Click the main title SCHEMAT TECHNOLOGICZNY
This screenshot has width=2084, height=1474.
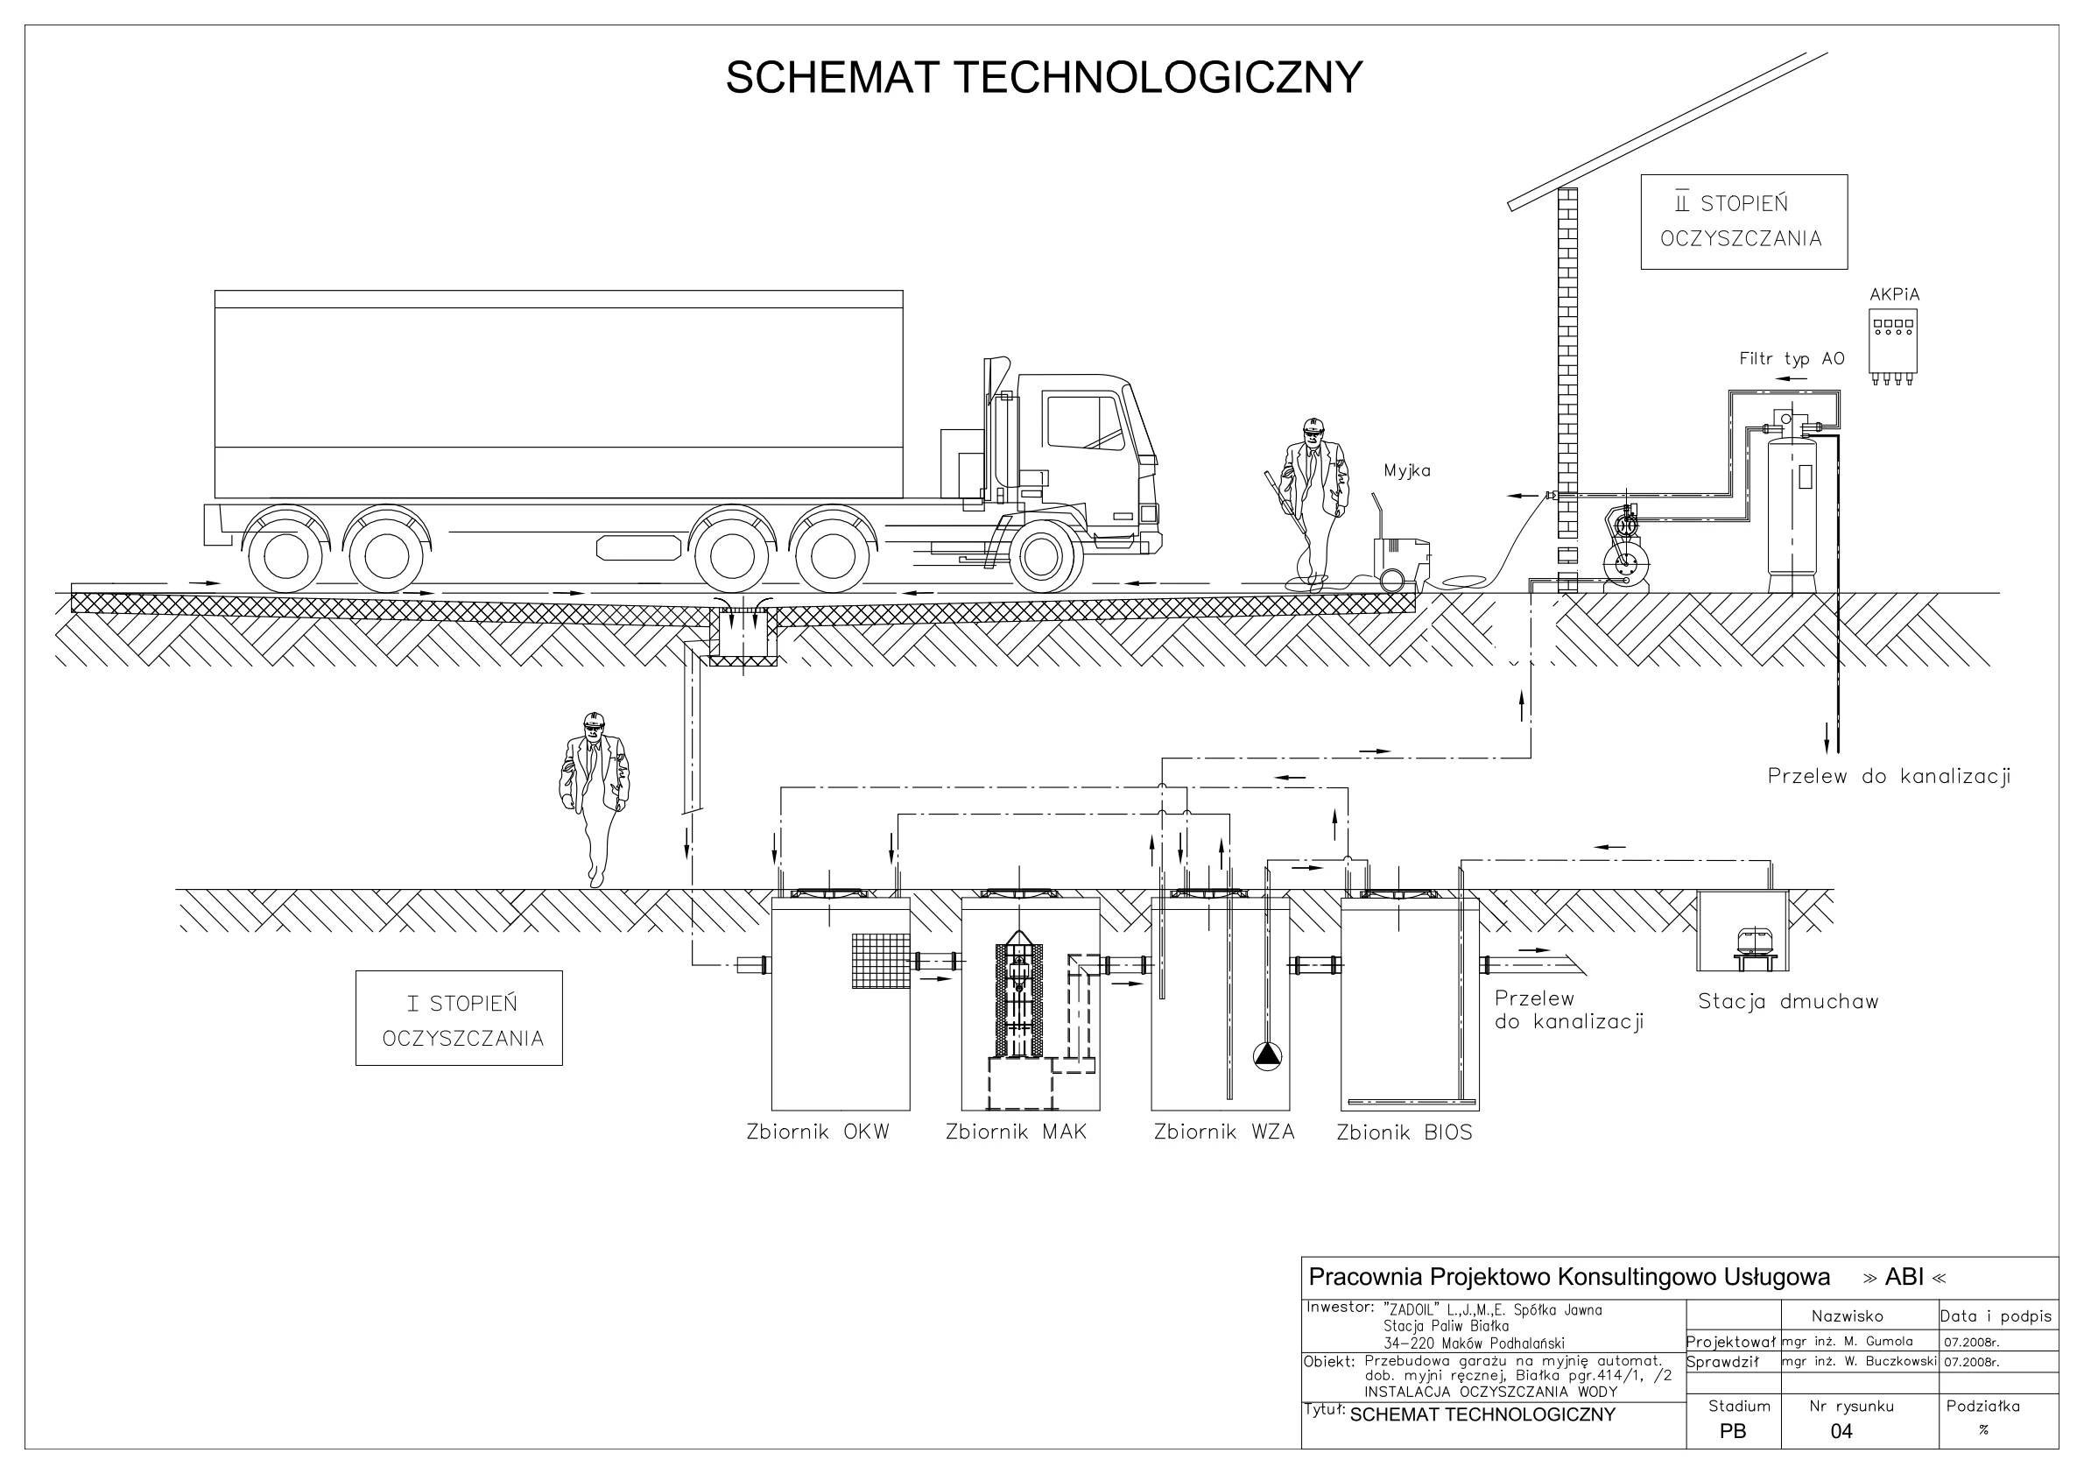(1043, 78)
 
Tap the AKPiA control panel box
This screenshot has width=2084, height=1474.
(1892, 344)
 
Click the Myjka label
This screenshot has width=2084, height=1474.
(1407, 470)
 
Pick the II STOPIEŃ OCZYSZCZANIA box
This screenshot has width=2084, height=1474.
(1743, 222)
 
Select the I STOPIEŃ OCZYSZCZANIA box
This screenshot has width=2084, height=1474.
(460, 1019)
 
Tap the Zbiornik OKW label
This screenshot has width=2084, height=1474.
(818, 1132)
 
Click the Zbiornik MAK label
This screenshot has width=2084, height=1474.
(1016, 1132)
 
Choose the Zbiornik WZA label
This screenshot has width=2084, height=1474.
(1223, 1132)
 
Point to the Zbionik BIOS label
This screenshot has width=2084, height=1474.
(1405, 1133)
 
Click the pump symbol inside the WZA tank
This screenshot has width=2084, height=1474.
(1267, 1054)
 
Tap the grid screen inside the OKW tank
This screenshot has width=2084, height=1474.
(880, 960)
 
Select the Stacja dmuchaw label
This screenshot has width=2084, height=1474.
(1788, 1002)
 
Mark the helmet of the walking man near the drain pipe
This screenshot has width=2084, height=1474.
(593, 720)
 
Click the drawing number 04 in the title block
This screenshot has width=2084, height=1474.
(1841, 1431)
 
